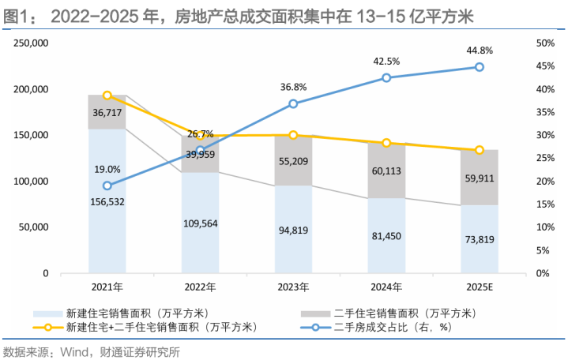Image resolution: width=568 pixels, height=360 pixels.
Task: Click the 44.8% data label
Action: click(480, 51)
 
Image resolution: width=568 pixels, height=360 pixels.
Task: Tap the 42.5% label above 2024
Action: click(386, 61)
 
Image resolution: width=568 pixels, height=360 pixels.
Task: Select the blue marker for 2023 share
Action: click(293, 103)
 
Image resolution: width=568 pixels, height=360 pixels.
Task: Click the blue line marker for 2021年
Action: click(107, 186)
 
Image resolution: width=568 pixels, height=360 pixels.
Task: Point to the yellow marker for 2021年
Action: click(107, 96)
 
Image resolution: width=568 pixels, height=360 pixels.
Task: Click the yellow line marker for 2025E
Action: click(480, 150)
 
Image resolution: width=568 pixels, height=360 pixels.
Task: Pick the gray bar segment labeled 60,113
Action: click(386, 171)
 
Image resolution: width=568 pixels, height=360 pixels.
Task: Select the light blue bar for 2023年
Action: click(293, 229)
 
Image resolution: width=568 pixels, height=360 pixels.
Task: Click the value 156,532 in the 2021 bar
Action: click(107, 202)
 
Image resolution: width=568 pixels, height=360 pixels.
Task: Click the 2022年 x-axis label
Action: click(201, 287)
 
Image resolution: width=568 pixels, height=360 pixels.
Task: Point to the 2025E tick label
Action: click(480, 287)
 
